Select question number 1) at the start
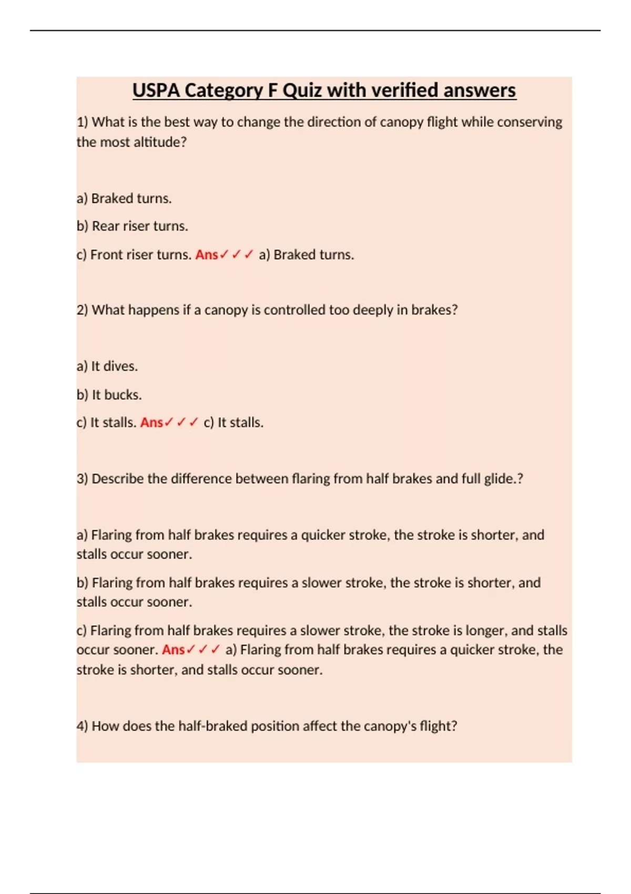click(82, 122)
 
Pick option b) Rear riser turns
click(132, 226)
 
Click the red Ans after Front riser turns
click(207, 255)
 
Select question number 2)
click(82, 310)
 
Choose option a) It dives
click(107, 366)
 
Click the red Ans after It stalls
click(151, 422)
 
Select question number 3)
click(82, 479)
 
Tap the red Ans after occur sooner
click(174, 649)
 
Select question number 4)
click(82, 726)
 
